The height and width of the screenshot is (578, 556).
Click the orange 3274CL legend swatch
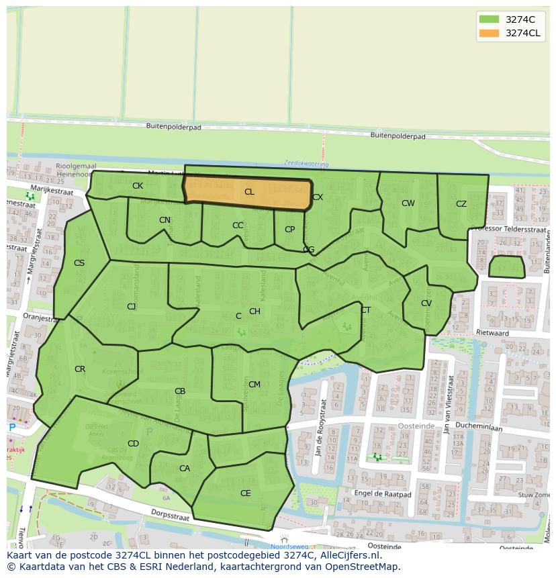point(488,33)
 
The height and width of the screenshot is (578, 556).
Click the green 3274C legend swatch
point(488,19)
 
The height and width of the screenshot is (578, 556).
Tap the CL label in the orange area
point(249,192)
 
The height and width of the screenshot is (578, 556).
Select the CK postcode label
point(138,186)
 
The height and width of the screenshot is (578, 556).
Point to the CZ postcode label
point(461,204)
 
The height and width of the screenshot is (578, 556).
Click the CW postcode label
point(408,203)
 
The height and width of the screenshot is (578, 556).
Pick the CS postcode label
point(79,263)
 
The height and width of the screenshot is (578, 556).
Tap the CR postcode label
point(80,369)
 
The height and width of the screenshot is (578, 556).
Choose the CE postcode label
point(246,493)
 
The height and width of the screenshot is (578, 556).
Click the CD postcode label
point(133,444)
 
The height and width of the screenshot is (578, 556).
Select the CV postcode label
point(426,303)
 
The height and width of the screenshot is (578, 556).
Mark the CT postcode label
point(366,310)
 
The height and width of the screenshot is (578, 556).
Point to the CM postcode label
point(254,385)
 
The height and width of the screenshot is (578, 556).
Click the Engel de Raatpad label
point(382,494)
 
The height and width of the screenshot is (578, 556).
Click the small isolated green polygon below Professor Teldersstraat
point(506,267)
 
